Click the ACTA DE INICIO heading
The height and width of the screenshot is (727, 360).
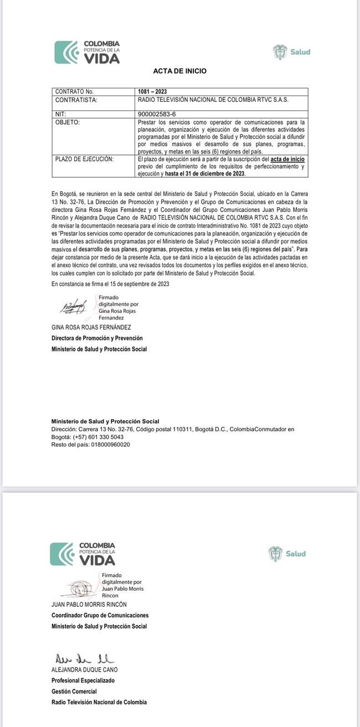[179, 71]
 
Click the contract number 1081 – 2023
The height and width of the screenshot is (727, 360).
[152, 91]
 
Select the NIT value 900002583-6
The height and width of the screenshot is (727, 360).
[157, 114]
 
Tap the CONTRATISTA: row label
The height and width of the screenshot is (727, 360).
[76, 100]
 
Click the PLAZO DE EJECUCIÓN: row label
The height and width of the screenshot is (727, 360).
[84, 159]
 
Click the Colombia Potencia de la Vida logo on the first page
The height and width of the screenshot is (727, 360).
[87, 52]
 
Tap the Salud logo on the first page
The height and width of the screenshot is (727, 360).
[291, 52]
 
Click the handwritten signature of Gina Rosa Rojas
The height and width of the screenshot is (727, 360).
[73, 306]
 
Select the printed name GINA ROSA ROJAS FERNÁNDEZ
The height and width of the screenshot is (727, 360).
[91, 327]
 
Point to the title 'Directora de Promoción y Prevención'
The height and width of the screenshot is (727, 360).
[97, 338]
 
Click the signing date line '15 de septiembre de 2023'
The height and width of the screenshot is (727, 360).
[110, 284]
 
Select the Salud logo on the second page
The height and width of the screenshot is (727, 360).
[287, 553]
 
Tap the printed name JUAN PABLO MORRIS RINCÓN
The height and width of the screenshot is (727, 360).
[89, 605]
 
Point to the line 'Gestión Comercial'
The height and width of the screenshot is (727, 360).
[74, 691]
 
